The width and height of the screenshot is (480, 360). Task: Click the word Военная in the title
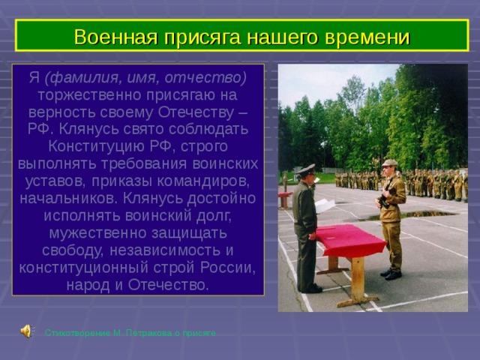(x=112, y=37)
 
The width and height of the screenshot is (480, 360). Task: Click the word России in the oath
(x=230, y=268)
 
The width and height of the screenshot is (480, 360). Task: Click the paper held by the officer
(x=325, y=204)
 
